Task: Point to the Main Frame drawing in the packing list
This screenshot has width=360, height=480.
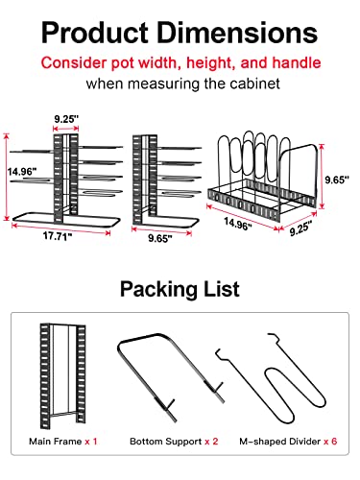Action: (x=57, y=375)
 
